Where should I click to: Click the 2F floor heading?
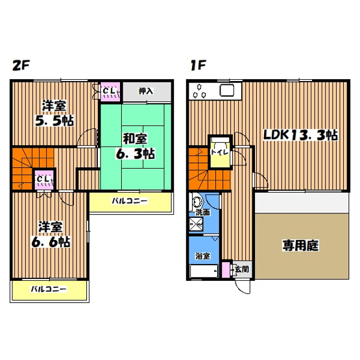point(19,66)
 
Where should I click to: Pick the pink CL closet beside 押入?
point(110,91)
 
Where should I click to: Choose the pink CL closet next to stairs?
point(43,178)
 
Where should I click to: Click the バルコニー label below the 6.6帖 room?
point(49,289)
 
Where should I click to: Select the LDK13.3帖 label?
point(299,135)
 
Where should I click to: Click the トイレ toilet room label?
point(218,153)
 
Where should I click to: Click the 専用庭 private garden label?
point(300,245)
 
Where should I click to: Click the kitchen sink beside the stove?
point(228,91)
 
